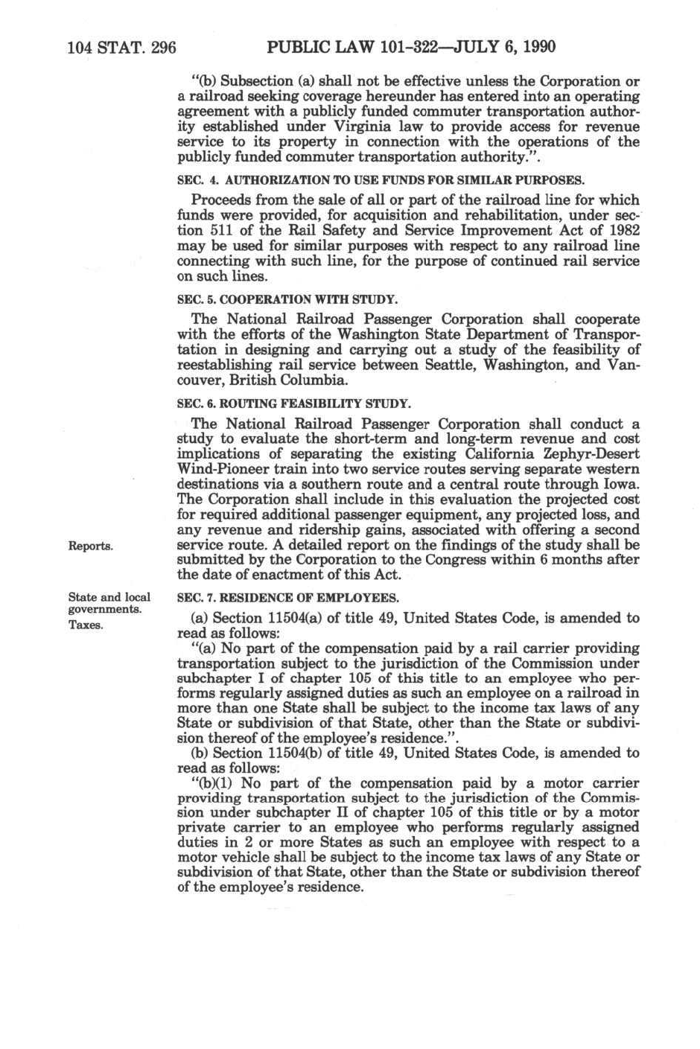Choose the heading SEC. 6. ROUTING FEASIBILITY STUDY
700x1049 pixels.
293,404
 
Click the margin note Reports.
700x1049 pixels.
90,546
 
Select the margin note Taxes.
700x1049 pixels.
86,625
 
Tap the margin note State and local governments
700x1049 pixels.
109,603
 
